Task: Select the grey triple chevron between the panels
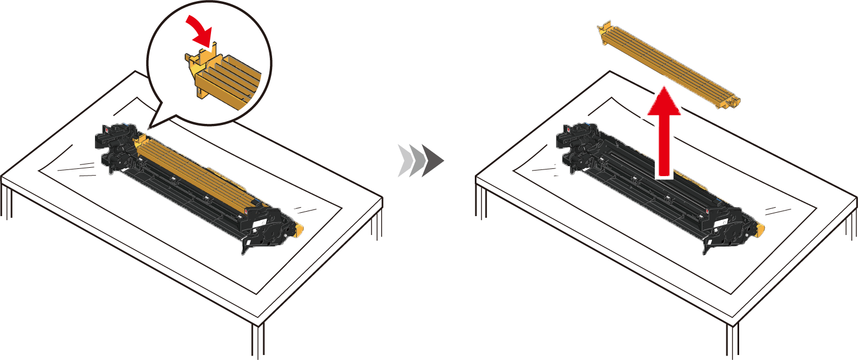point(420,161)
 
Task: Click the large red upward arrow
point(664,133)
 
